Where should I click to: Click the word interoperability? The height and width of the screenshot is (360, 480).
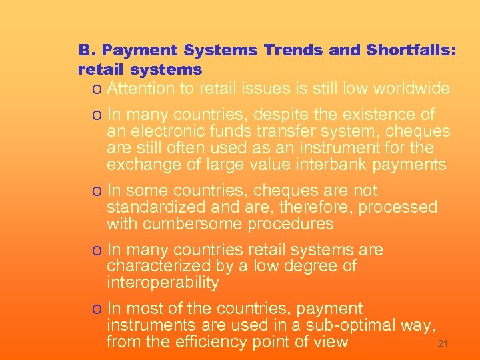[x=163, y=283]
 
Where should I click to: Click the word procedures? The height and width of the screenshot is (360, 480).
[x=291, y=225]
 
